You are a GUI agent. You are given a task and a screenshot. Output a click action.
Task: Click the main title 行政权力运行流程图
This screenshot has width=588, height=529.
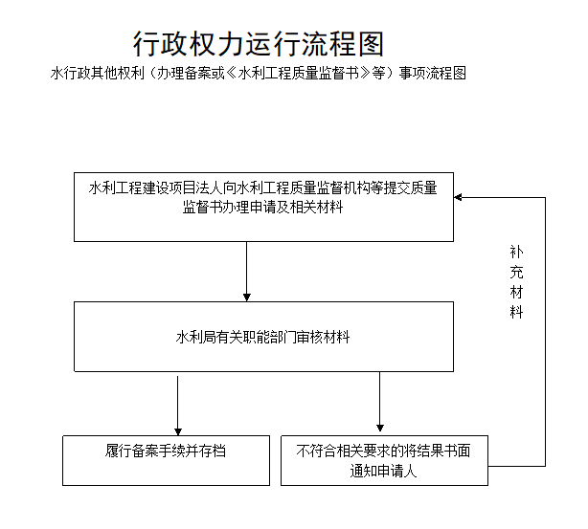click(259, 44)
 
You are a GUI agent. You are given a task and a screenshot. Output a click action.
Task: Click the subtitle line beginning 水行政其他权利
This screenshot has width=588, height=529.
click(259, 73)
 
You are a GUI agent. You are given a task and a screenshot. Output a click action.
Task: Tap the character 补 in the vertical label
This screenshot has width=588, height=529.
click(516, 252)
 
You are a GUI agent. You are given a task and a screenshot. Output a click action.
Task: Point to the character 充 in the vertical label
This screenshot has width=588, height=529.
click(516, 272)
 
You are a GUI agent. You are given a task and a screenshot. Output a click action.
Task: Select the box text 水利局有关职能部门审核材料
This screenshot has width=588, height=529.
click(262, 337)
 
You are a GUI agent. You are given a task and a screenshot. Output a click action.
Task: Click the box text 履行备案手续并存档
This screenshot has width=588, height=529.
click(166, 451)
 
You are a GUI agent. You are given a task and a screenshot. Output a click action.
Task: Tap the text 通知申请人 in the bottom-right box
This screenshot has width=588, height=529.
click(383, 471)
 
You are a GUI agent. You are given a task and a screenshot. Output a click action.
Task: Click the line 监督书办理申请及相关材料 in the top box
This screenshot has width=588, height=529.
click(262, 208)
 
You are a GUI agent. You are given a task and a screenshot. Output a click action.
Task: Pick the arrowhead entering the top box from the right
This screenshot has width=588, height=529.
click(458, 197)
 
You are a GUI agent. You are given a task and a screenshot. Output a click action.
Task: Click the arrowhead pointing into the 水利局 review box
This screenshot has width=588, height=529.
click(247, 298)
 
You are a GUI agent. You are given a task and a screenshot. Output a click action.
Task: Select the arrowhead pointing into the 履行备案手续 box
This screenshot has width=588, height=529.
click(178, 431)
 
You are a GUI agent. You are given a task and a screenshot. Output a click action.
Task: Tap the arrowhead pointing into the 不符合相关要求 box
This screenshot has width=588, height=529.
click(380, 428)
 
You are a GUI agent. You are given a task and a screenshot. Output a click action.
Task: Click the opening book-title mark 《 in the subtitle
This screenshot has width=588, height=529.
click(231, 73)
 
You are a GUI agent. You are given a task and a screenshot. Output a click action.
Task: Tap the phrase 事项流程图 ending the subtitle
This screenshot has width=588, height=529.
click(433, 73)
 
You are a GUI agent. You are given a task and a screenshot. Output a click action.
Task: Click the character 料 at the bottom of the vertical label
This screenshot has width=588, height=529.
click(516, 312)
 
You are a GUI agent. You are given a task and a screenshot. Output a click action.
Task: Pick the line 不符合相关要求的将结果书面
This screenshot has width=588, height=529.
click(383, 451)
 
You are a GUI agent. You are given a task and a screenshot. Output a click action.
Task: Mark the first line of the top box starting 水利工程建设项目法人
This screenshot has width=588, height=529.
click(262, 187)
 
